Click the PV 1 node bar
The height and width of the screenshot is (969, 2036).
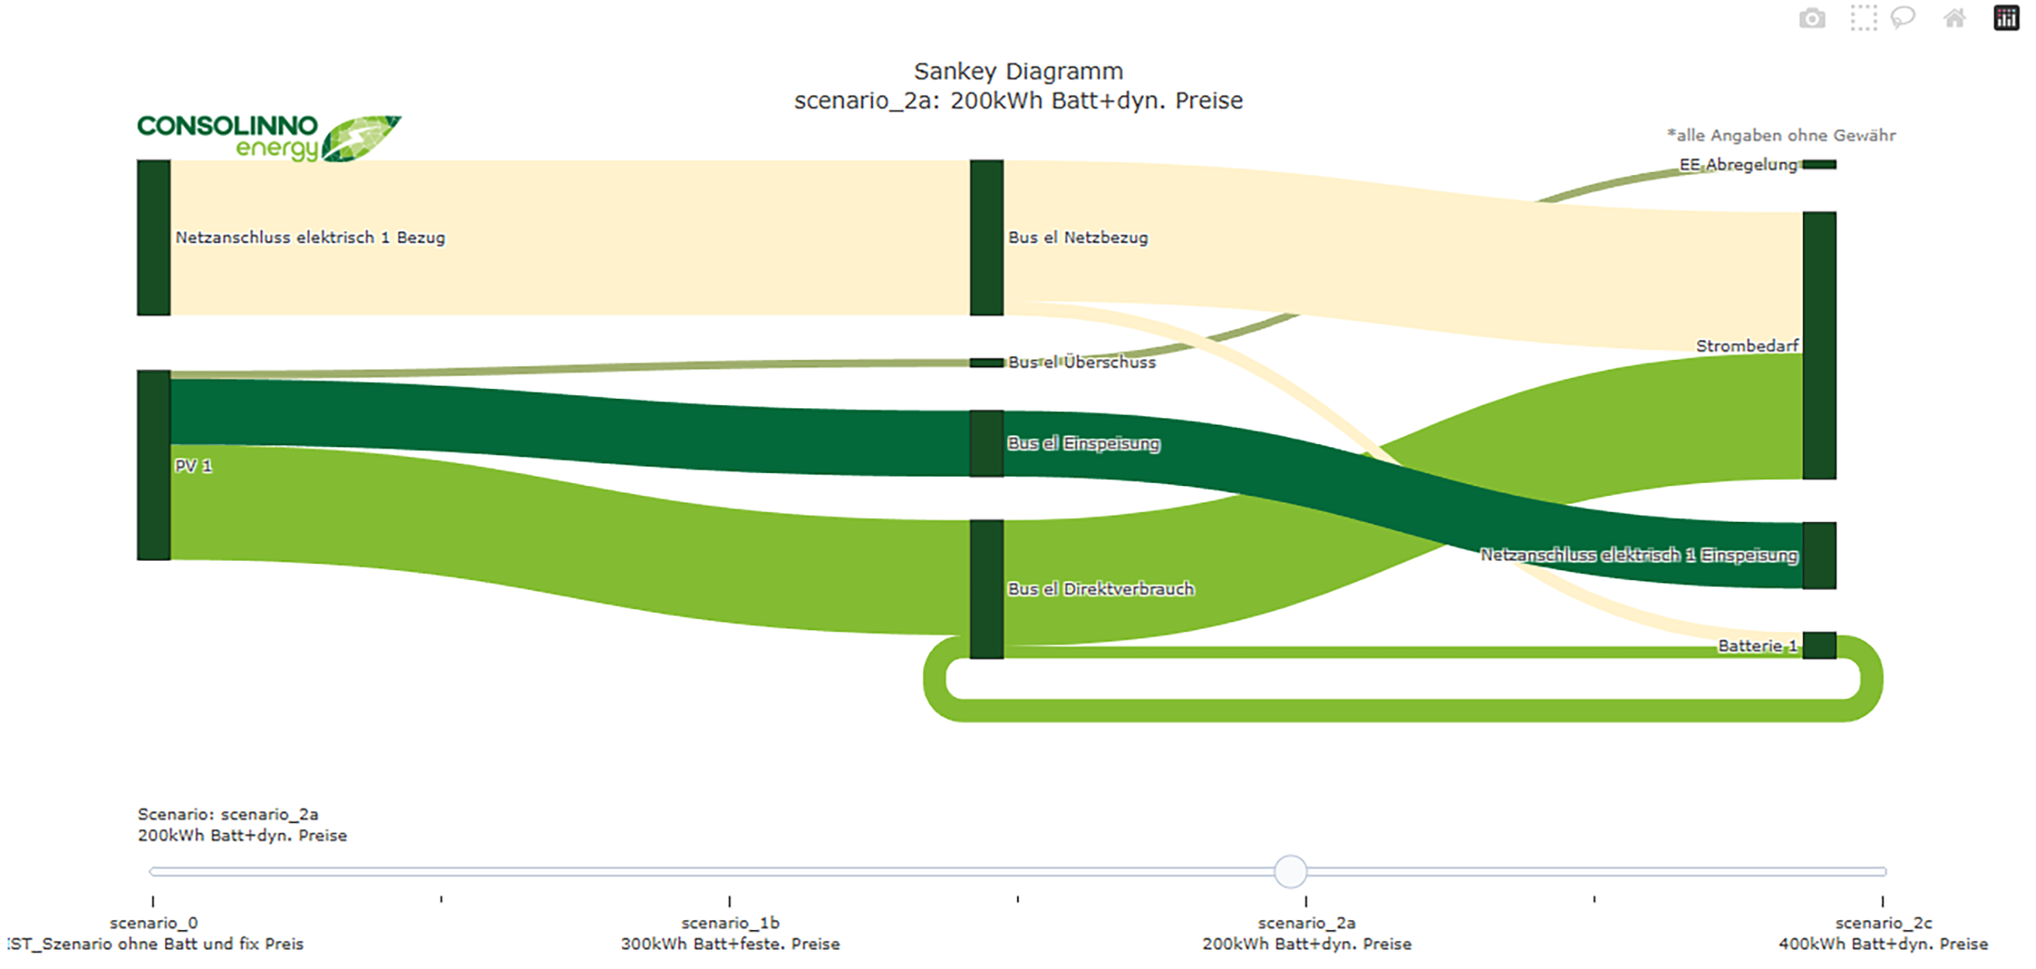(x=153, y=465)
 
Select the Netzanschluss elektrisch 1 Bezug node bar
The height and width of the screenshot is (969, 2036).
(x=153, y=237)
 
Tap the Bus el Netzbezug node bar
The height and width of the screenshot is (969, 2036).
(x=987, y=237)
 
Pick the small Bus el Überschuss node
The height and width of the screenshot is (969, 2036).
(x=987, y=362)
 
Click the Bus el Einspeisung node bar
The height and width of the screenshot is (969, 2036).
(x=987, y=443)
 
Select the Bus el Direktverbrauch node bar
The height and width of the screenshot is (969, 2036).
(x=987, y=589)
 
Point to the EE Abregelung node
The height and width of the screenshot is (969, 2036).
(x=1818, y=164)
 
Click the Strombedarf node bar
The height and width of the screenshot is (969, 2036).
(x=1818, y=345)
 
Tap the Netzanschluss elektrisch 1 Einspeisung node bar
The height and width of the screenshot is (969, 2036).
(x=1818, y=555)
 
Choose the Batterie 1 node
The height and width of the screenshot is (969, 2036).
(x=1818, y=645)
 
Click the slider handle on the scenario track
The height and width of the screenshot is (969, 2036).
(x=1290, y=871)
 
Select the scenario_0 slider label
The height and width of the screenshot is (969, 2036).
(x=153, y=922)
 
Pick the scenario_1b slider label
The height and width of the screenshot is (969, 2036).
(x=730, y=922)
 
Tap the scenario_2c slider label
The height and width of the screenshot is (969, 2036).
(x=1884, y=922)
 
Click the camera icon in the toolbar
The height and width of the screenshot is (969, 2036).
(x=1811, y=17)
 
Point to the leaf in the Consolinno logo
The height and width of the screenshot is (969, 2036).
(x=361, y=138)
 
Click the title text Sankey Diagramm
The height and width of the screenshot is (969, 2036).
(x=1018, y=71)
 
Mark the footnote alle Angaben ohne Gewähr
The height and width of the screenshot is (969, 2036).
(x=1782, y=135)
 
